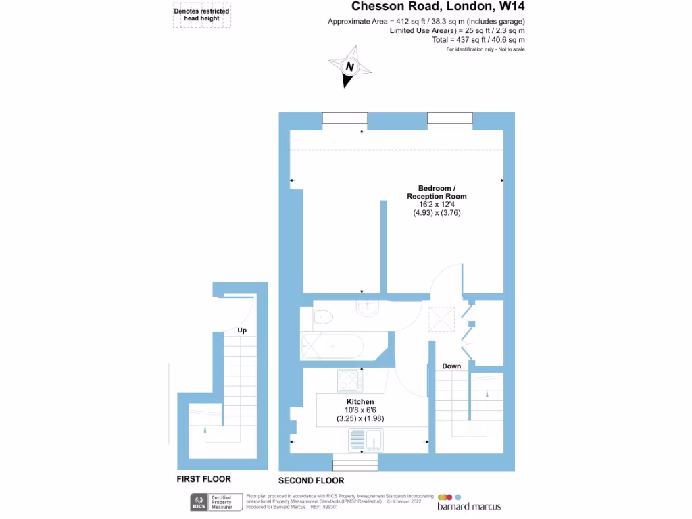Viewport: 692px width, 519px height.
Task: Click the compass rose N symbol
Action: (x=350, y=67)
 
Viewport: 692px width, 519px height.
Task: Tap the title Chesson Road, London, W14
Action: (x=438, y=7)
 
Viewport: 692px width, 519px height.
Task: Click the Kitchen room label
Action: (x=360, y=401)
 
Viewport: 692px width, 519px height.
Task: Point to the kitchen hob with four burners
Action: (x=350, y=381)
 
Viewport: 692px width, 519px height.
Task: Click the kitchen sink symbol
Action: (x=364, y=441)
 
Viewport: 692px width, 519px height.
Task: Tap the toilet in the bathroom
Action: (x=322, y=316)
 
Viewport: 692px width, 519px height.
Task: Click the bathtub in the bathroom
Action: (x=332, y=346)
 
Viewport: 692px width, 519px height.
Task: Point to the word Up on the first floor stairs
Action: (x=242, y=330)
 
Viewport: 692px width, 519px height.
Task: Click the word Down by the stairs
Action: (x=451, y=366)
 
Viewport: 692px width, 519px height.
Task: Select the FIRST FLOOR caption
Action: (x=203, y=479)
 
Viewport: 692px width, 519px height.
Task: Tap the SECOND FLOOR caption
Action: (x=311, y=480)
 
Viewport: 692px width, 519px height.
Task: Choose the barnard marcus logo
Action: (x=469, y=502)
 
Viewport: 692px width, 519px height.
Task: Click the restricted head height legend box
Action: (x=201, y=15)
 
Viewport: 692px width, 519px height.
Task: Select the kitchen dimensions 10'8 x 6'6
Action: (x=360, y=410)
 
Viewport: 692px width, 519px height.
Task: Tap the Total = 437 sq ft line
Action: (x=478, y=40)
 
